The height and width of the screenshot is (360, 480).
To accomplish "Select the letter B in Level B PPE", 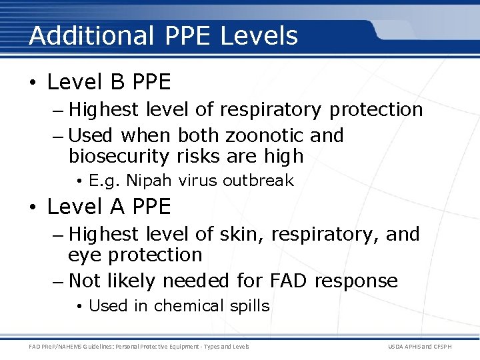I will tap(117, 82).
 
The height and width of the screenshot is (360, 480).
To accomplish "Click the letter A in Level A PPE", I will tap(117, 207).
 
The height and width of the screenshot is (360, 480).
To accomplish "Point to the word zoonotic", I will tap(265, 135).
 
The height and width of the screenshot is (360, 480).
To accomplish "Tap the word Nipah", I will tap(149, 181).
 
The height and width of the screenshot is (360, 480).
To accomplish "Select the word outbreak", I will tap(258, 181).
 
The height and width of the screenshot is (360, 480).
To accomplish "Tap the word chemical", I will tap(189, 306).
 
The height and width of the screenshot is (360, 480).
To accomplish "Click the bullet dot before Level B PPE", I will tap(33, 83).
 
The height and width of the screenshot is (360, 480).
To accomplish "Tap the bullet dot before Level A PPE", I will tap(33, 207).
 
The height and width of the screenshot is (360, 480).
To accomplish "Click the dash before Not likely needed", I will tap(57, 281).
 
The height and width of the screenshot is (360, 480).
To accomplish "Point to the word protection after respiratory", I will tap(376, 109).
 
